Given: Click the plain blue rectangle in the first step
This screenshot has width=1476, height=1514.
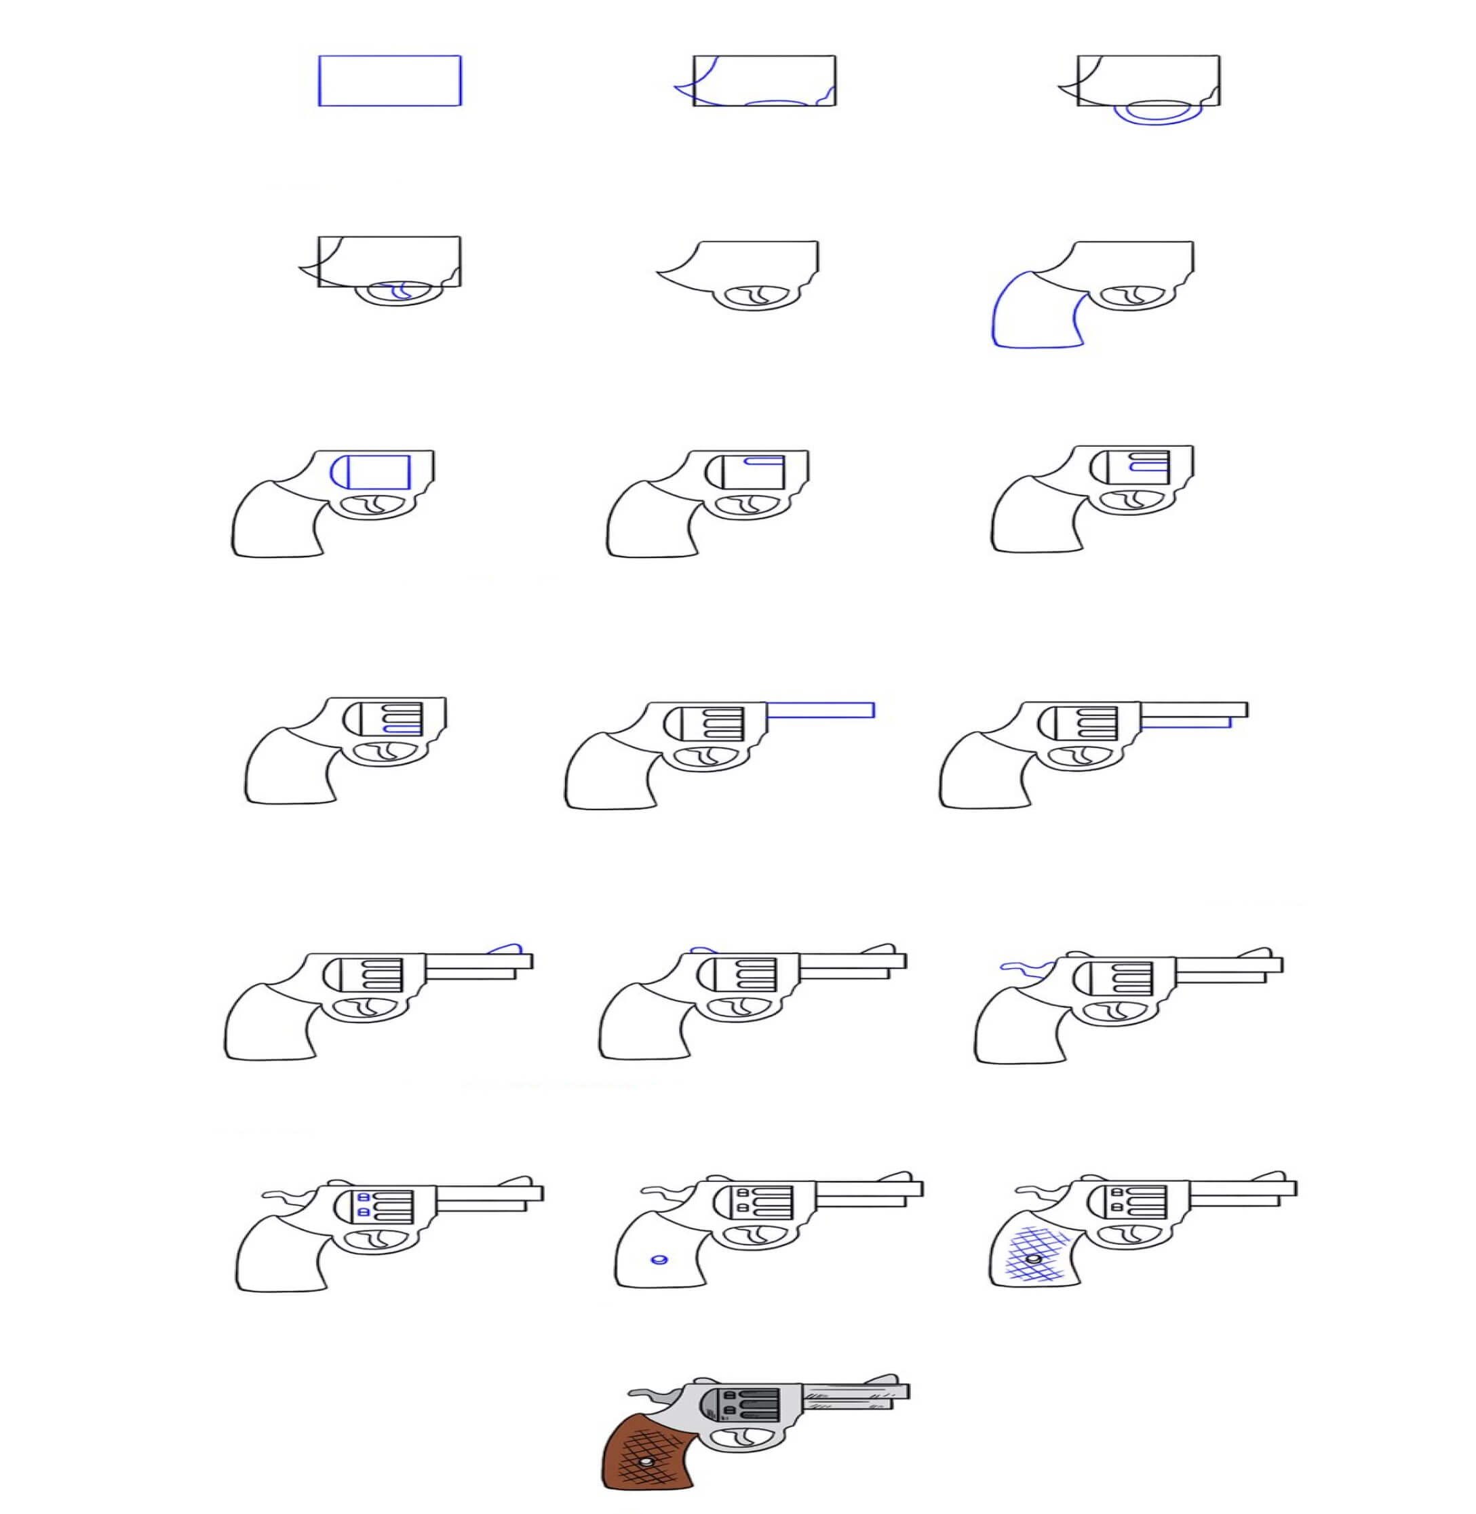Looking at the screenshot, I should (x=390, y=81).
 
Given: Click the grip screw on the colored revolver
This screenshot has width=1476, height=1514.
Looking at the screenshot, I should (x=646, y=1462).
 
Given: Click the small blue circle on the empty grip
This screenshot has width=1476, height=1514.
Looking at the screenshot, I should (x=661, y=1260).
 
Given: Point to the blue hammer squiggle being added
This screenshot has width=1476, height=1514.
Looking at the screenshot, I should (x=1024, y=966).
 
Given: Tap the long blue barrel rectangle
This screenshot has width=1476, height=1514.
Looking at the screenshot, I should (x=821, y=710).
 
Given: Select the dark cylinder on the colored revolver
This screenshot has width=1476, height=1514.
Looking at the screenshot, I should (x=748, y=1405).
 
